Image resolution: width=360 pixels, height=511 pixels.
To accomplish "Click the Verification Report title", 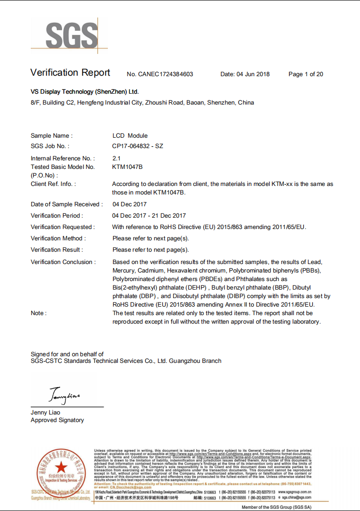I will click(x=70, y=73).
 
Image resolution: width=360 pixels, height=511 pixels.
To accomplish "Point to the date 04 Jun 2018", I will click(x=245, y=74).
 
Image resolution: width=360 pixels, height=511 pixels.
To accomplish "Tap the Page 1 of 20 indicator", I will click(x=306, y=74).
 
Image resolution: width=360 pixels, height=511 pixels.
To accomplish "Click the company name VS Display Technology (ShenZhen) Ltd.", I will click(x=85, y=92).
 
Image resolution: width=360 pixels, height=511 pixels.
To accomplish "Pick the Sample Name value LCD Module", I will click(x=130, y=136).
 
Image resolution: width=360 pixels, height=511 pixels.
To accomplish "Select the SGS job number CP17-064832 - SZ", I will click(x=138, y=146).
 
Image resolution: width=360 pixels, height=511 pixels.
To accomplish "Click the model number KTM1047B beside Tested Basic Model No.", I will click(x=127, y=167).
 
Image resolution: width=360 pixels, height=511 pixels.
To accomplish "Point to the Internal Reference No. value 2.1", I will click(x=116, y=158).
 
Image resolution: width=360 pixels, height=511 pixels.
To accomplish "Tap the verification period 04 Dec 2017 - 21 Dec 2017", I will click(x=149, y=216).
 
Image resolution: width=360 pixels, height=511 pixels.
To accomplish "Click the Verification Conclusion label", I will click(x=63, y=262).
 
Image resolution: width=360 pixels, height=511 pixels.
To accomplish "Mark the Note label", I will click(x=39, y=313).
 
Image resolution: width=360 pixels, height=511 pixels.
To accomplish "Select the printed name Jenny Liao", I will click(x=45, y=413).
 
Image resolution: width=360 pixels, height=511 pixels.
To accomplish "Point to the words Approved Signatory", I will click(x=57, y=420).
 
